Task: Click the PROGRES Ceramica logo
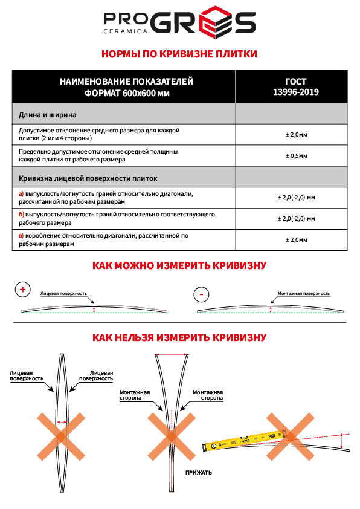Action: [179, 24]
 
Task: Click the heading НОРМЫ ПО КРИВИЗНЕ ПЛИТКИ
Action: [179, 54]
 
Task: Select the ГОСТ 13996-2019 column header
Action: [295, 87]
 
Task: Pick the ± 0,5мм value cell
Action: [295, 156]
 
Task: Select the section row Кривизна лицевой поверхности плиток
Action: [88, 178]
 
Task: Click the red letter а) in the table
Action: [21, 193]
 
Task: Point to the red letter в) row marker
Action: [21, 236]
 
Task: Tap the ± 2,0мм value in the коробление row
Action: [295, 239]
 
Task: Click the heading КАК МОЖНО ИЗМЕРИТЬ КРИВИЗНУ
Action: [179, 265]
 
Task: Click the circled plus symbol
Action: [23, 290]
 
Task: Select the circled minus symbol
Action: [201, 294]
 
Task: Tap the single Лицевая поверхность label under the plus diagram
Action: [63, 293]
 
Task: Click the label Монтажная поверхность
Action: [303, 293]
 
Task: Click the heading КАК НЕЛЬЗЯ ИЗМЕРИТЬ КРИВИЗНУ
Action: [179, 337]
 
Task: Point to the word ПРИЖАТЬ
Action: [199, 472]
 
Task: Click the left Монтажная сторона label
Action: [130, 395]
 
